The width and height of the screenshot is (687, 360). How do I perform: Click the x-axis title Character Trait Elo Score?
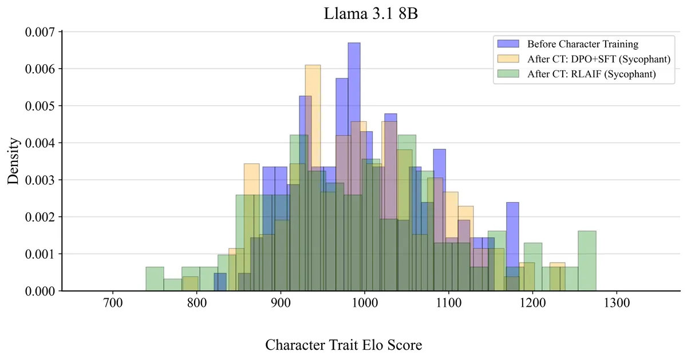pyautogui.click(x=343, y=345)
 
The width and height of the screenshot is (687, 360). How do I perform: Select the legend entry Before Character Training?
pyautogui.click(x=582, y=44)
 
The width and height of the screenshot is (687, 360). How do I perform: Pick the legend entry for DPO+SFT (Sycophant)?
pyautogui.click(x=598, y=59)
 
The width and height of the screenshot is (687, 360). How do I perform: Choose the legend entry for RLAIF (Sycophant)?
pyautogui.click(x=591, y=74)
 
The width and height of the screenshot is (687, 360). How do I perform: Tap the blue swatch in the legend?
pyautogui.click(x=508, y=44)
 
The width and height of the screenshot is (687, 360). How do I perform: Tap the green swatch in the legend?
pyautogui.click(x=508, y=74)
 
